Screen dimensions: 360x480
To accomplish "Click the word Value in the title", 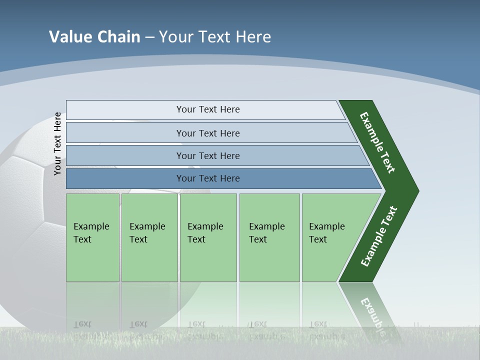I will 69,37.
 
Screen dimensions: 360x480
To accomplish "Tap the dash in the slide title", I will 149,37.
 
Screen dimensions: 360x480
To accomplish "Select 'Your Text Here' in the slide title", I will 215,37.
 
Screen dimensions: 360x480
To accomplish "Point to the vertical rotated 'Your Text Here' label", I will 57,143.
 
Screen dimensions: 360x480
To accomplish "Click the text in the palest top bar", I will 208,109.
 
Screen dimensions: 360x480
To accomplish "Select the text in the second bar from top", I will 208,133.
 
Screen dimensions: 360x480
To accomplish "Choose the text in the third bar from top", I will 208,156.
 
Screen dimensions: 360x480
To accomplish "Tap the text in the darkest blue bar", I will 208,178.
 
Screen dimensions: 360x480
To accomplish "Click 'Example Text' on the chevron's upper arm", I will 377,142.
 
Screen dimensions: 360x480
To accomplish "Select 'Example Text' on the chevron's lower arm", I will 378,236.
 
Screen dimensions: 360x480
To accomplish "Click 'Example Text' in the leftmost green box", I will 91,233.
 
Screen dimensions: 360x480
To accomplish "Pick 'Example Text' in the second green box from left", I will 147,233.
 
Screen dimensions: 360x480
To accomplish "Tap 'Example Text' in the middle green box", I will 205,233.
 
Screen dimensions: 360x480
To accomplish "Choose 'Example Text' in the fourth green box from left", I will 266,233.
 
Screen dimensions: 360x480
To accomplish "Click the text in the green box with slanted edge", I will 326,233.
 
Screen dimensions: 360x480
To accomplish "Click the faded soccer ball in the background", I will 30,200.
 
